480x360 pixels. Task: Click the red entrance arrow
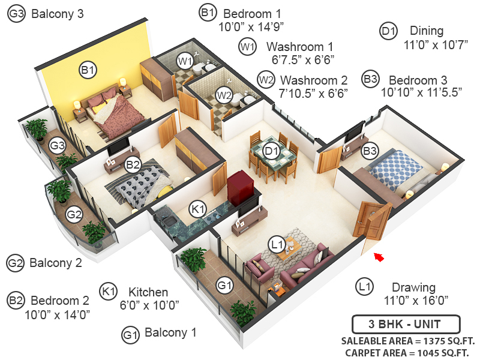(379, 257)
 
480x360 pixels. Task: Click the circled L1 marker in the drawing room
(277, 244)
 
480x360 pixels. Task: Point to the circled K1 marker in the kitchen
(197, 209)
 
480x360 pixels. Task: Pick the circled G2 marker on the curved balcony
(74, 213)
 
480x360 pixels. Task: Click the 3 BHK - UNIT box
(405, 325)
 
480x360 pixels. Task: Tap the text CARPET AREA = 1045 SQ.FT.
(405, 353)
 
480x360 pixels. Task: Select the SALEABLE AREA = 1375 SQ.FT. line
(405, 341)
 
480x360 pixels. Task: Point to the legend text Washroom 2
(314, 80)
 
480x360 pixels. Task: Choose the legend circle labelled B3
(370, 79)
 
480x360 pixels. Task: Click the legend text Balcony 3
(57, 13)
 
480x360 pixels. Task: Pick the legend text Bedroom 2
(60, 301)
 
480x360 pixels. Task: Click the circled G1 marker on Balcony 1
(224, 286)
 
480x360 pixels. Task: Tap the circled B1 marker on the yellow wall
(88, 70)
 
